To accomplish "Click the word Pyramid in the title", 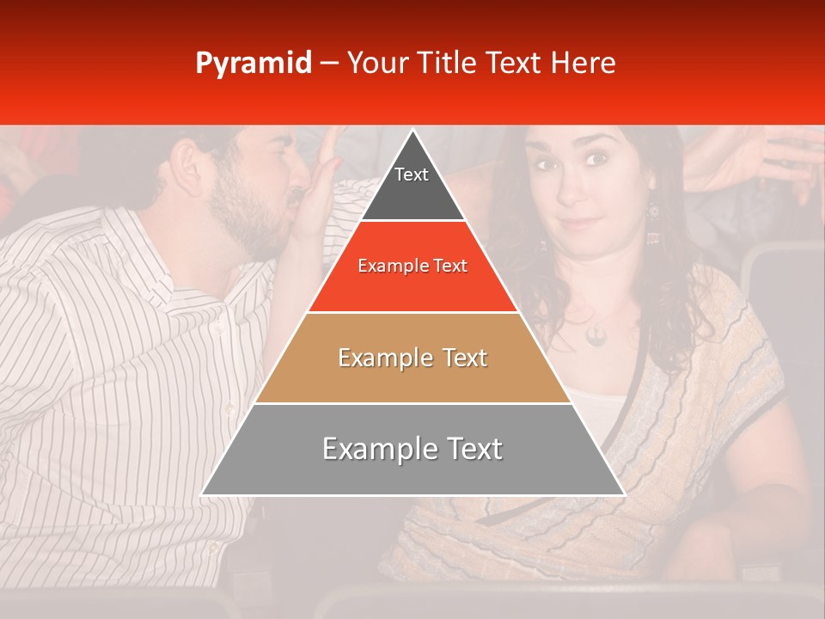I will click(x=253, y=64).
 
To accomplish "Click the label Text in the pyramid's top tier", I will click(x=411, y=175).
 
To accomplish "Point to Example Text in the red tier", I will click(x=412, y=266).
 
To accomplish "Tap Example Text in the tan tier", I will click(x=412, y=358).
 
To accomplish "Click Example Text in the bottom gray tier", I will click(x=412, y=449).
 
